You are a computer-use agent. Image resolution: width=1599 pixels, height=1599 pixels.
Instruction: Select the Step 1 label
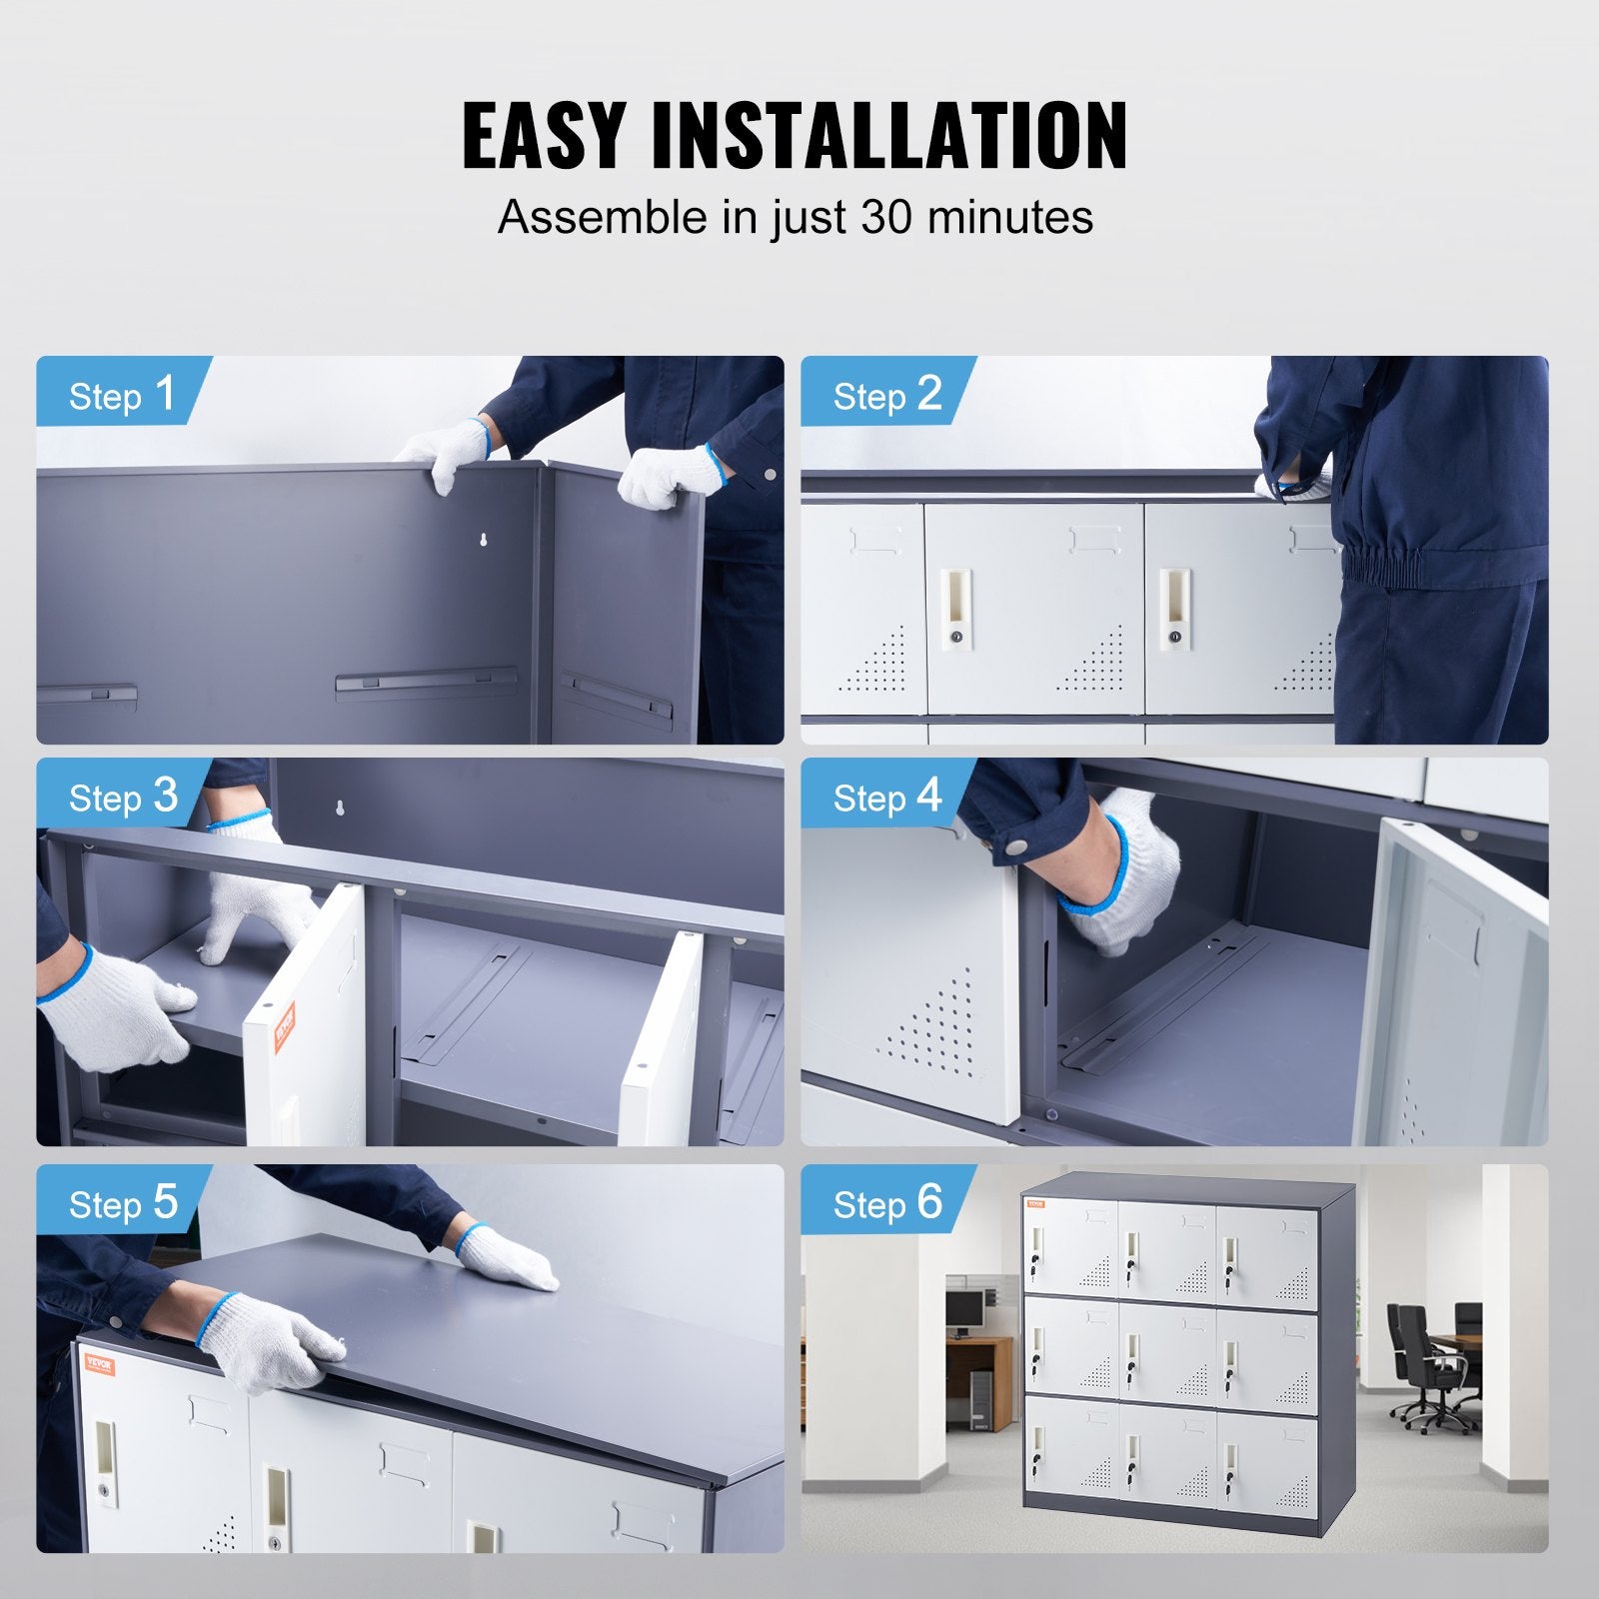point(122,394)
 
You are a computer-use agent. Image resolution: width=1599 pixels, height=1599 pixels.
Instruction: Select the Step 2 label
point(887,394)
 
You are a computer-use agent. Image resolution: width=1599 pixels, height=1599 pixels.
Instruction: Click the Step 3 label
point(122,797)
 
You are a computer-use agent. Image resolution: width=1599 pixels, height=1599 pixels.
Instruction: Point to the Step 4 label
point(887,797)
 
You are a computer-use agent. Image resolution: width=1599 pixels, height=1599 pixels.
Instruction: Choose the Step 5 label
point(122,1203)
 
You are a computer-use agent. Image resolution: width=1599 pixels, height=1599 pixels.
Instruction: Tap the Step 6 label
point(887,1203)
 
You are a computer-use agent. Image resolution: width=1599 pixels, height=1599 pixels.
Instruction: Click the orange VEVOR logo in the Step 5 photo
point(99,1364)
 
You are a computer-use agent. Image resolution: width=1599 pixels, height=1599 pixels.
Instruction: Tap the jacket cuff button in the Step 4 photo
point(1015,846)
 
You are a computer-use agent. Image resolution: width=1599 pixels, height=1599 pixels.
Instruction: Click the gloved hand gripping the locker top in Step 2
point(1292,487)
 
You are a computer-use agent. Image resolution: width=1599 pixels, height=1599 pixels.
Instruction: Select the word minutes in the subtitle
point(1010,217)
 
